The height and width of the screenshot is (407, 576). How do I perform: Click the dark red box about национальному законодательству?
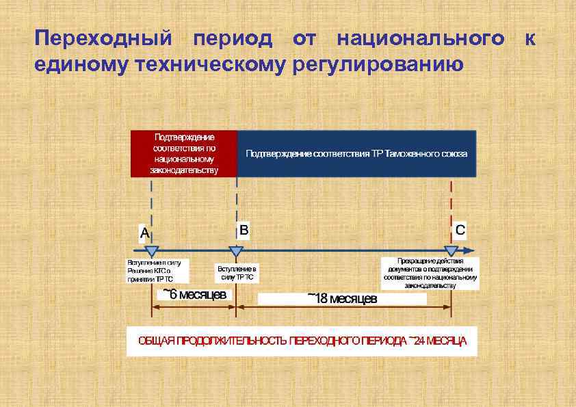pos(184,154)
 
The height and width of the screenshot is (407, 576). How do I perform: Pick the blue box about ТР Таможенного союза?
pos(356,154)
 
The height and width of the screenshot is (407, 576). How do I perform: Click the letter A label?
pos(144,233)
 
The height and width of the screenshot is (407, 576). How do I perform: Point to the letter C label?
pos(460,231)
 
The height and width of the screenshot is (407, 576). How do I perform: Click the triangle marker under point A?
pos(152,252)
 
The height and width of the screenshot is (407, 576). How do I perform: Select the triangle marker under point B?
pos(236,252)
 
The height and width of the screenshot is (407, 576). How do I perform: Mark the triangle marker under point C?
pos(451,252)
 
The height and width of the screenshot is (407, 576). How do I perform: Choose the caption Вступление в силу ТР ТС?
pos(237,273)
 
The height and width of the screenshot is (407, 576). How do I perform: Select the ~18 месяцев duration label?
pos(342,299)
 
